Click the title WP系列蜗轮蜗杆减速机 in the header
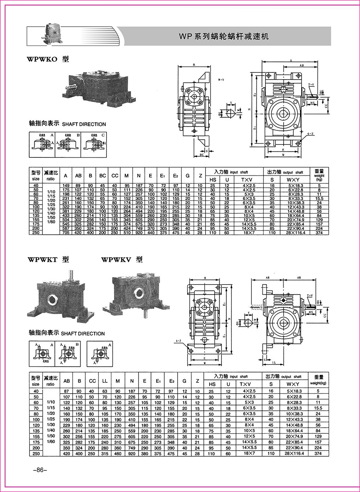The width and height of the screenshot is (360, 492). click(224, 36)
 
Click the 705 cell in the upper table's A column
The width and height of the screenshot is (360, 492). click(66, 233)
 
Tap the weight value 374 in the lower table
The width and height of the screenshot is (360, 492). click(318, 454)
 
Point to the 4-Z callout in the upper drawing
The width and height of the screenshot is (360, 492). click(310, 133)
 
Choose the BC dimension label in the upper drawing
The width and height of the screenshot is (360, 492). click(202, 155)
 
